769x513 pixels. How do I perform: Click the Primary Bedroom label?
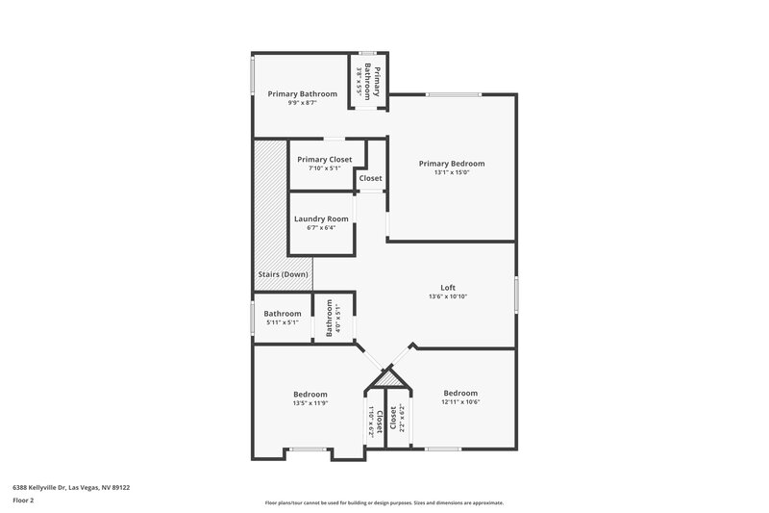[x=452, y=164]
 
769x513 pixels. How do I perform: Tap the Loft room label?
[x=448, y=287]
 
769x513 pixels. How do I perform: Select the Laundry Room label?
[x=321, y=218]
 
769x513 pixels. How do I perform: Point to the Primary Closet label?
[x=324, y=159]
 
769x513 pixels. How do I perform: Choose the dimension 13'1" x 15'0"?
[x=452, y=174]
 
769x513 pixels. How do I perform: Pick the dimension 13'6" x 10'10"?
[x=448, y=296]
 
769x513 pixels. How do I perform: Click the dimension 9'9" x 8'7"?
[x=303, y=103]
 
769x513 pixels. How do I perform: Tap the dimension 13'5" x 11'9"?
[x=310, y=404]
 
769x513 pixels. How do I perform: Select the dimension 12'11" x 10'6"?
[x=460, y=402]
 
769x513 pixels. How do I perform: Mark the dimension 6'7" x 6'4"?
[x=321, y=228]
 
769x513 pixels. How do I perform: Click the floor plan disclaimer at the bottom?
[x=384, y=502]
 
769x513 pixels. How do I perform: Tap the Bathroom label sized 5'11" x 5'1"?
[x=283, y=313]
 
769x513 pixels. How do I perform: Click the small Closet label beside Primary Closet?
[x=370, y=178]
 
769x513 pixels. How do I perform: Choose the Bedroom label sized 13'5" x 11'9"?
[x=310, y=395]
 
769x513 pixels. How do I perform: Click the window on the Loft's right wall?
[x=516, y=294]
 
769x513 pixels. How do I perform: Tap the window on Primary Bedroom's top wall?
[x=453, y=94]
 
